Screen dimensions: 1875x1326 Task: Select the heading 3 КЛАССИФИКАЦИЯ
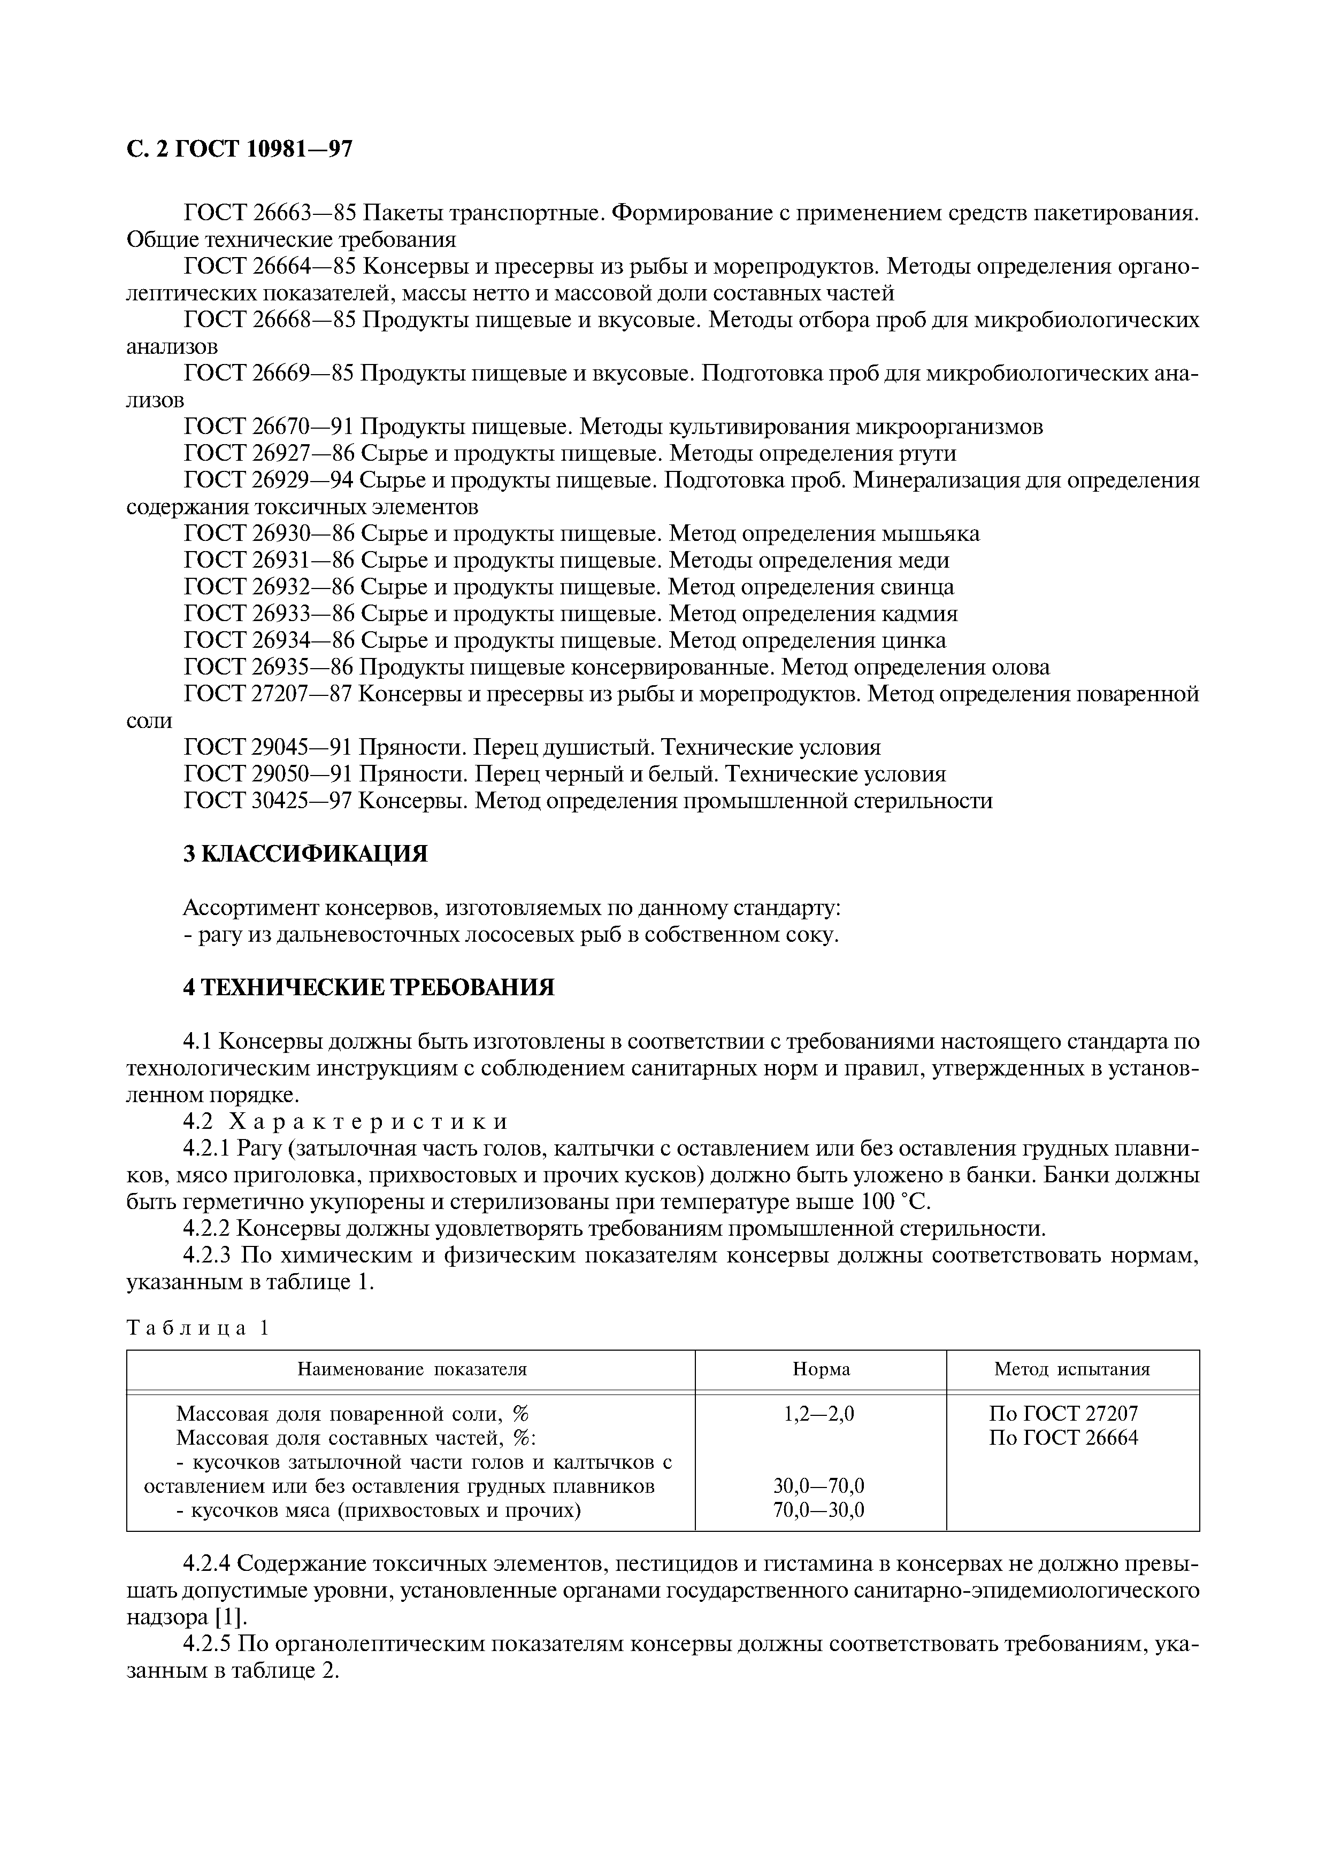(x=305, y=854)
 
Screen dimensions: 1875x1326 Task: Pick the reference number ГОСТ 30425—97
(x=269, y=800)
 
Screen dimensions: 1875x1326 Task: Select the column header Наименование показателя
(x=412, y=1369)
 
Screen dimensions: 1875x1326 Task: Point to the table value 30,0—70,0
(x=818, y=1485)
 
